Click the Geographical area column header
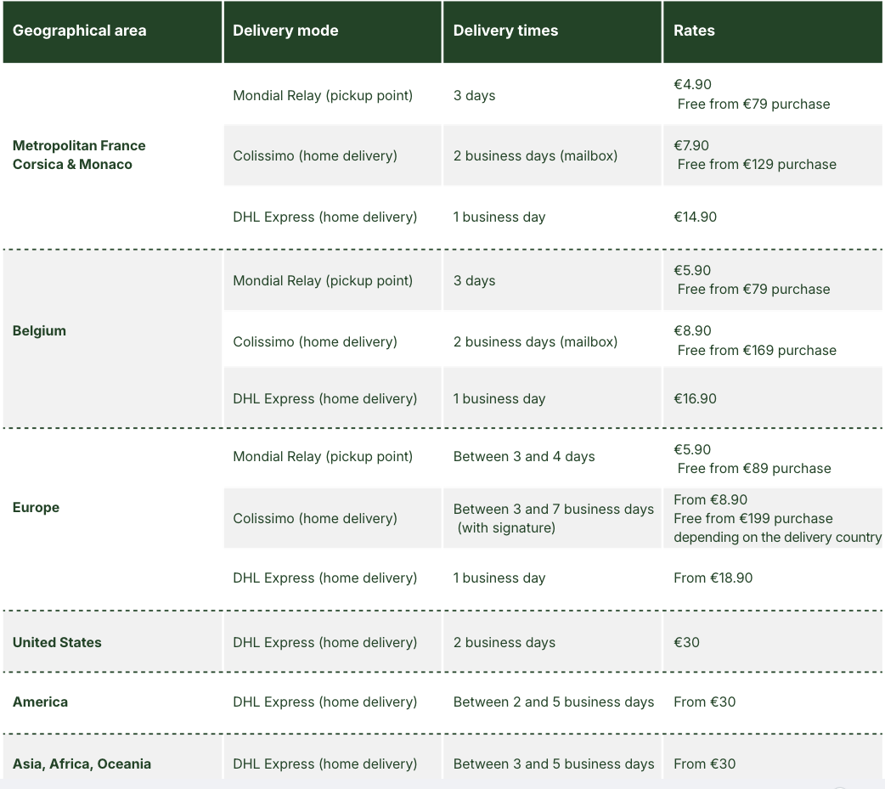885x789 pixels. pos(79,31)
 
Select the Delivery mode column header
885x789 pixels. pos(285,31)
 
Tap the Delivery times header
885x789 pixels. pos(505,31)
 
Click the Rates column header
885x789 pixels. pos(694,31)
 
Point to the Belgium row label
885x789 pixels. pos(39,331)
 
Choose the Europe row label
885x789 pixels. pos(36,508)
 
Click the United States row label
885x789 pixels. pos(57,643)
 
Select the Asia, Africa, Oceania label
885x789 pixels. pos(82,764)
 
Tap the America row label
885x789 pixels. pos(40,702)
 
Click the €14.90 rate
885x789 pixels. pos(695,217)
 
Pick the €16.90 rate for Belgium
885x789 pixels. pos(695,399)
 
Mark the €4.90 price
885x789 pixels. pos(692,85)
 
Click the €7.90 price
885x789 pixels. pos(691,146)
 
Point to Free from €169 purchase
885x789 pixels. pos(757,351)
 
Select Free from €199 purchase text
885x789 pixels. pos(753,519)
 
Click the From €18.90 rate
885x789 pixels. pos(713,578)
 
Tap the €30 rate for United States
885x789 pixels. pos(686,643)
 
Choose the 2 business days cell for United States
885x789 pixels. pos(504,643)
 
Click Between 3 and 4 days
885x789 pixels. pos(524,457)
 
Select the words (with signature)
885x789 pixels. pos(506,528)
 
